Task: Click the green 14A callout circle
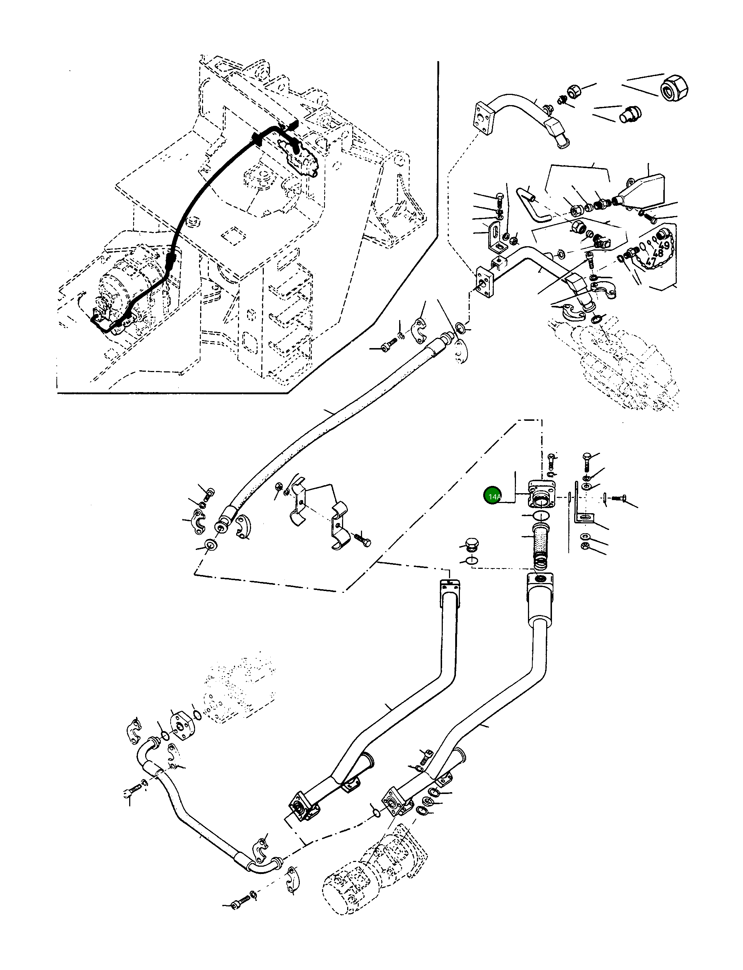[493, 496]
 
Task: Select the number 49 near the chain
[663, 245]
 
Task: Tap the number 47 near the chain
[651, 261]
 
